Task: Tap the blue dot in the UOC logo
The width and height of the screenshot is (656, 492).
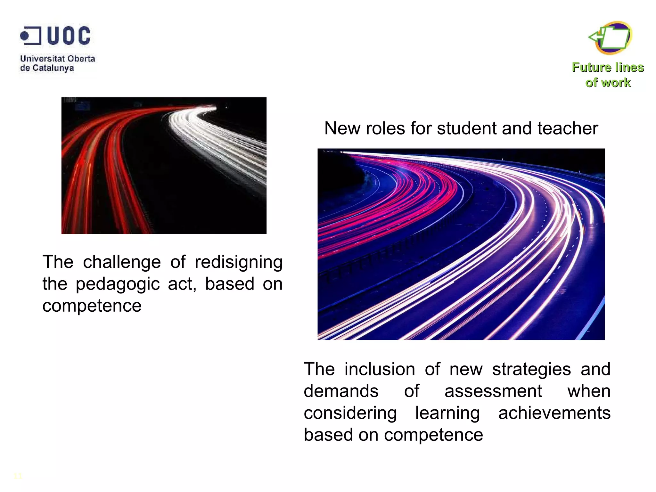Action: pos(24,36)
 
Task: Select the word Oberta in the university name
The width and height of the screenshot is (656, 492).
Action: pos(81,59)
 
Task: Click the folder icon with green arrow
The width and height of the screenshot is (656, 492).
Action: pos(611,38)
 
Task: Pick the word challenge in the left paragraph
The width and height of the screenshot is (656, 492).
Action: pos(122,262)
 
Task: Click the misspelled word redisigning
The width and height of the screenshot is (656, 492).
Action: pos(239,262)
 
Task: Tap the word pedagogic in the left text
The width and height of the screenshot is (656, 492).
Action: pos(118,284)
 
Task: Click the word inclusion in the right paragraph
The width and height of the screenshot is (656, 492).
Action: pos(380,369)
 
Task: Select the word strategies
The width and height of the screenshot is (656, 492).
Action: pos(531,369)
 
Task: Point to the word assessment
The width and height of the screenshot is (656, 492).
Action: pos(493,391)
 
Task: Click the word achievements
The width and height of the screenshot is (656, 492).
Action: pos(554,413)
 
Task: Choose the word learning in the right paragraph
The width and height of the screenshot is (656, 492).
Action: pos(447,413)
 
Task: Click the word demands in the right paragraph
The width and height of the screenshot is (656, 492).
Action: pos(341,391)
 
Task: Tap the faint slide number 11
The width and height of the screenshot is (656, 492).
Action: pos(18,476)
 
